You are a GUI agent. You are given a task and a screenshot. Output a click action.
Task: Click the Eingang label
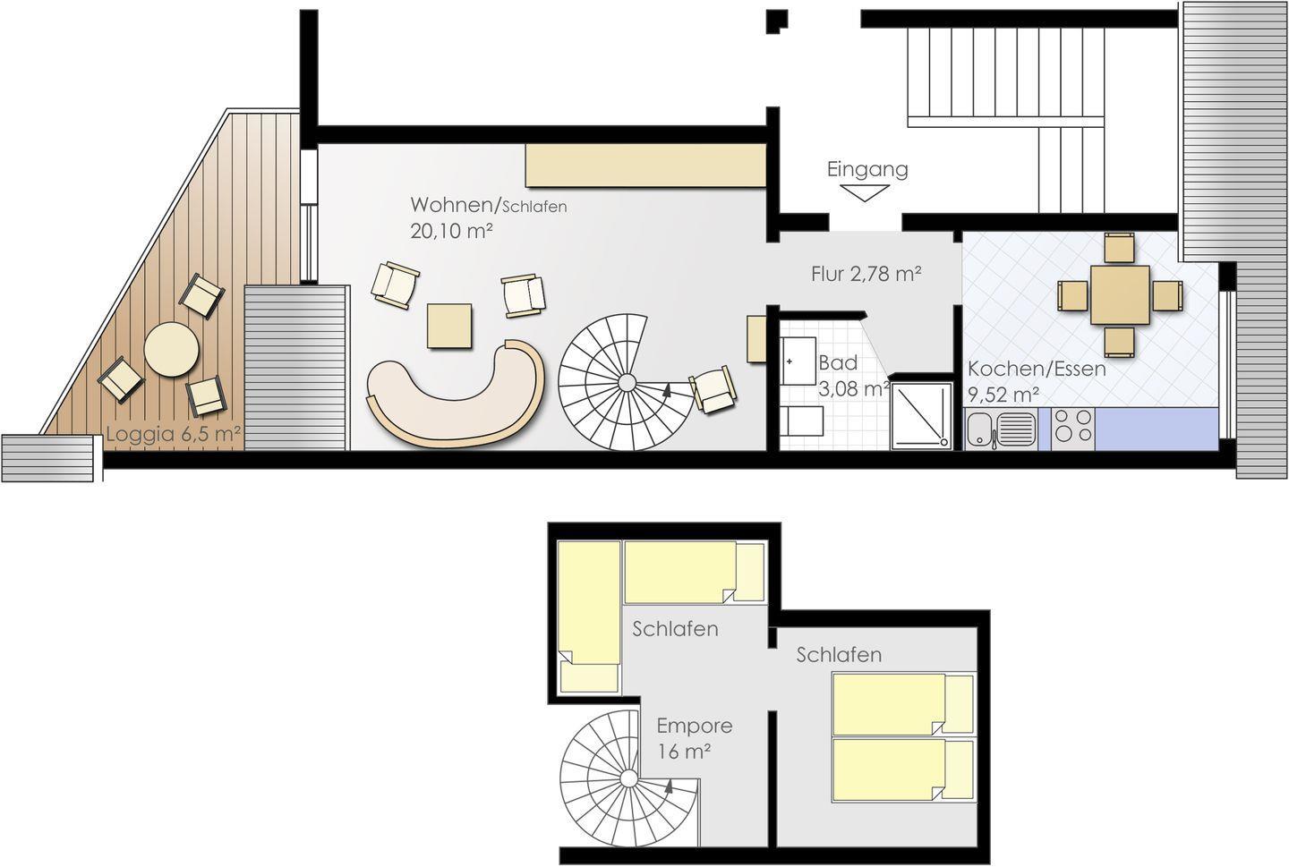[x=867, y=170]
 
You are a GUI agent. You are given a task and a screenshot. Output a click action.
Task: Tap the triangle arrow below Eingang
[x=865, y=192]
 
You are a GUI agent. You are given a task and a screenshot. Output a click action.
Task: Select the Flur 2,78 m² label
[x=866, y=274]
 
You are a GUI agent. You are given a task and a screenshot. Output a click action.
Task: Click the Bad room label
[x=838, y=363]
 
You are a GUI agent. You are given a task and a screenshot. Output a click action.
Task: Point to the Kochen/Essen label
[x=1037, y=369]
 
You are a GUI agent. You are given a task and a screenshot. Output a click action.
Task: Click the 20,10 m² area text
[x=451, y=231]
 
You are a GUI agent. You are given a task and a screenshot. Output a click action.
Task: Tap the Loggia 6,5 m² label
[x=173, y=434]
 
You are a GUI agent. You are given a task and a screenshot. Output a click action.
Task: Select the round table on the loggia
[x=172, y=349]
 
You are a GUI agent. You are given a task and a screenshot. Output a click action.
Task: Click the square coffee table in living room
[x=449, y=327]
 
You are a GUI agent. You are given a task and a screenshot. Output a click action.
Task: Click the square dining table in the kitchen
[x=1120, y=295]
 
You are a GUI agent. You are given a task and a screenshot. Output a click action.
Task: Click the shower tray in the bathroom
[x=921, y=415]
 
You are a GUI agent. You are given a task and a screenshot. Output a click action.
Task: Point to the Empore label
[x=694, y=726]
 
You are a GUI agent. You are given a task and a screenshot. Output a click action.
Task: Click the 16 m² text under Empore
[x=684, y=752]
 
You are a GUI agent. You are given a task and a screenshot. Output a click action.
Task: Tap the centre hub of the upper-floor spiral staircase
[x=629, y=779]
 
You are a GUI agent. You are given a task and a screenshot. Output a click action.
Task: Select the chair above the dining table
[x=1120, y=248]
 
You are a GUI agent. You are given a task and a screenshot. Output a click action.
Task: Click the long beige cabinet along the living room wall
[x=645, y=166]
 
